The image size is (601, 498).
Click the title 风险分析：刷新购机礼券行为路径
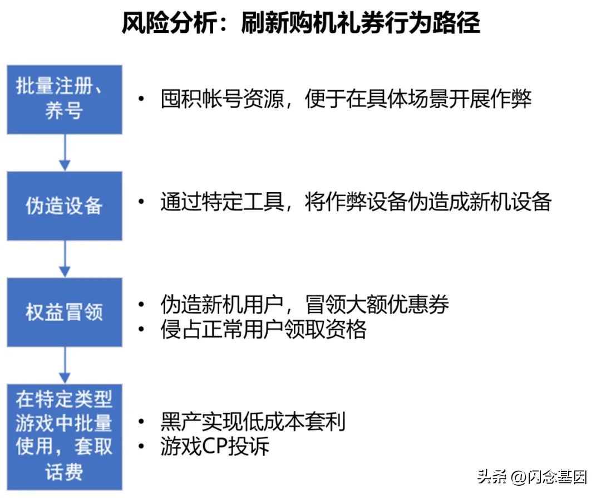click(300, 23)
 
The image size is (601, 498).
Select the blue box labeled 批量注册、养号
click(65, 99)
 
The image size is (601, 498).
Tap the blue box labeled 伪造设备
click(65, 206)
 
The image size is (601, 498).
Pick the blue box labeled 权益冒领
click(65, 312)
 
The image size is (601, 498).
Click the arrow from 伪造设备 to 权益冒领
click(65, 258)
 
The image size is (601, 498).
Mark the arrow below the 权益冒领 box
click(65, 365)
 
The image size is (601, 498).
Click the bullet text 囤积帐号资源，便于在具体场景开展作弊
click(346, 99)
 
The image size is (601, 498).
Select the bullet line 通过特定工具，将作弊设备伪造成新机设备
click(356, 202)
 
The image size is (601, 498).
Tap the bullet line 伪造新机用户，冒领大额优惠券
click(304, 304)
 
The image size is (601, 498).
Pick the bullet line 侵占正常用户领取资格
click(263, 330)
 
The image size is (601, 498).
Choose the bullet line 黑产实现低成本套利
click(253, 422)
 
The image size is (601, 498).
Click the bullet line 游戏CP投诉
click(215, 447)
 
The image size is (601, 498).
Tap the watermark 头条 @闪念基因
click(531, 477)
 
